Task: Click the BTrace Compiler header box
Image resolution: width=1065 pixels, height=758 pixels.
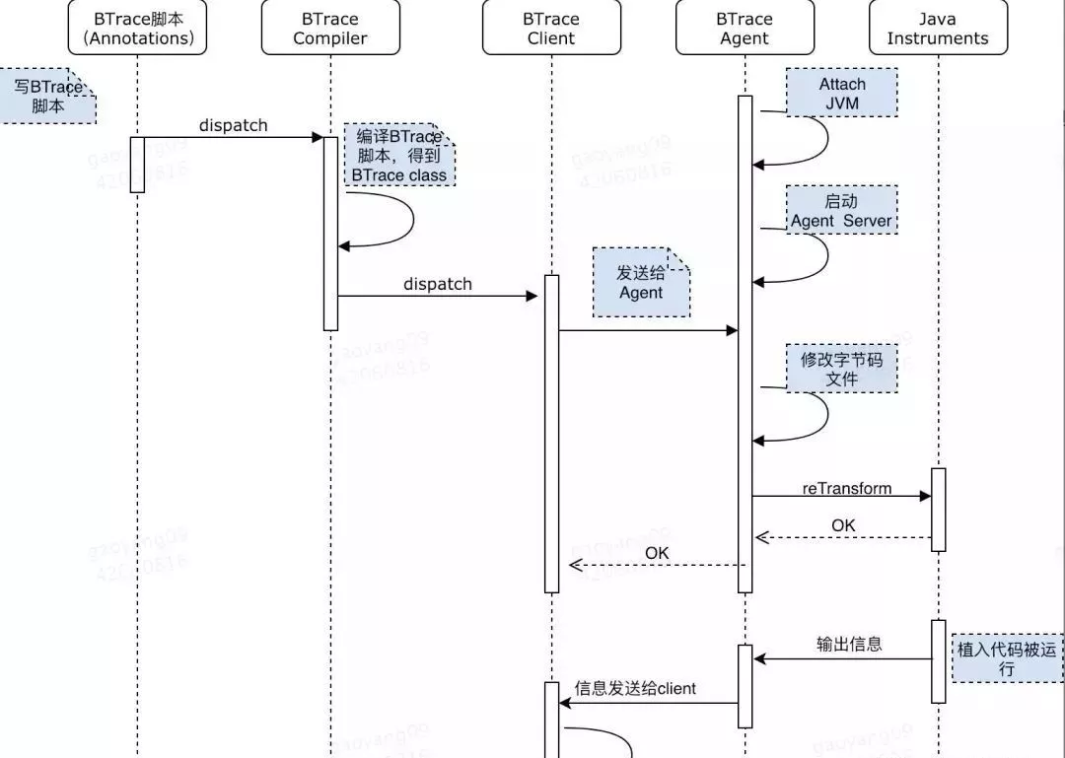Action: click(330, 28)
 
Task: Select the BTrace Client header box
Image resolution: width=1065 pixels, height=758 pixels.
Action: click(551, 28)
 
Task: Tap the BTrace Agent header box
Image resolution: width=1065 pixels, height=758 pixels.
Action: click(745, 28)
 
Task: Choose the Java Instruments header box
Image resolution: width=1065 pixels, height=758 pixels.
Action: click(937, 28)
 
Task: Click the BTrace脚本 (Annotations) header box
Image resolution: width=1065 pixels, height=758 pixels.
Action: click(138, 28)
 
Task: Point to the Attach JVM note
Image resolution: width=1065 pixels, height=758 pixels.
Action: click(842, 93)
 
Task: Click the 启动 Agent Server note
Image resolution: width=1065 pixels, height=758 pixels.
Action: click(842, 210)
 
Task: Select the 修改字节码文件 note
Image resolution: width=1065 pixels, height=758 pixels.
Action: click(842, 369)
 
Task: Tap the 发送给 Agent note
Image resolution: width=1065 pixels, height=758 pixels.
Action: click(641, 282)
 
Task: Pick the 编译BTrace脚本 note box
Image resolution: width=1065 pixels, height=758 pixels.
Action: click(399, 156)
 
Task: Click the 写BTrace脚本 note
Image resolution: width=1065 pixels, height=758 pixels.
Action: click(47, 96)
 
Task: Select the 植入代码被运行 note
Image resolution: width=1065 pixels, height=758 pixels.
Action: click(1007, 658)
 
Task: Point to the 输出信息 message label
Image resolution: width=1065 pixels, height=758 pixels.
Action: click(849, 645)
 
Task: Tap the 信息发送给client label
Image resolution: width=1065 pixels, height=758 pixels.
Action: click(635, 688)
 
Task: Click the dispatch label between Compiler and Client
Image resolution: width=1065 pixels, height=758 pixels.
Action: click(438, 284)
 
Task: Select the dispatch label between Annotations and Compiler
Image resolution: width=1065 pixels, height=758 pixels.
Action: click(233, 125)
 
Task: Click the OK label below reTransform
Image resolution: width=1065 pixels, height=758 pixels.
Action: click(843, 525)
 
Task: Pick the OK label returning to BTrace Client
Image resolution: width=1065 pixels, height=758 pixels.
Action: click(657, 553)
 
